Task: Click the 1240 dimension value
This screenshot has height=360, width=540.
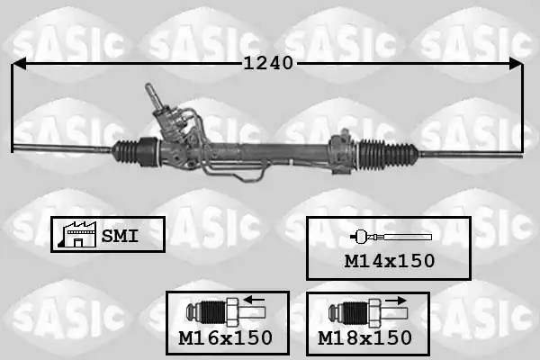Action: pyautogui.click(x=268, y=63)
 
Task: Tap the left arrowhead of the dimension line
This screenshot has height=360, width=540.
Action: pyautogui.click(x=18, y=64)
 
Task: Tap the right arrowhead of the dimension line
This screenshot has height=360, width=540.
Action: pyautogui.click(x=516, y=64)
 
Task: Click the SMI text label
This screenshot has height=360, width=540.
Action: pyautogui.click(x=120, y=236)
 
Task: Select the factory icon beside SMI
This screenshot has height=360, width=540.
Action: pyautogui.click(x=77, y=235)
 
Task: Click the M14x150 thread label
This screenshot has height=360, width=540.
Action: pyautogui.click(x=390, y=261)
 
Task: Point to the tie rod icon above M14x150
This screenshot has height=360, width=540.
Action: pyautogui.click(x=391, y=237)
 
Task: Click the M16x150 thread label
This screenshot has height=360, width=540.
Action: pyautogui.click(x=226, y=337)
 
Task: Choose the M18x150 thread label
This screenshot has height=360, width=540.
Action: pyautogui.click(x=364, y=337)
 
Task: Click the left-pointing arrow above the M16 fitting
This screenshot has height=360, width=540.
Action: pyautogui.click(x=254, y=299)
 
